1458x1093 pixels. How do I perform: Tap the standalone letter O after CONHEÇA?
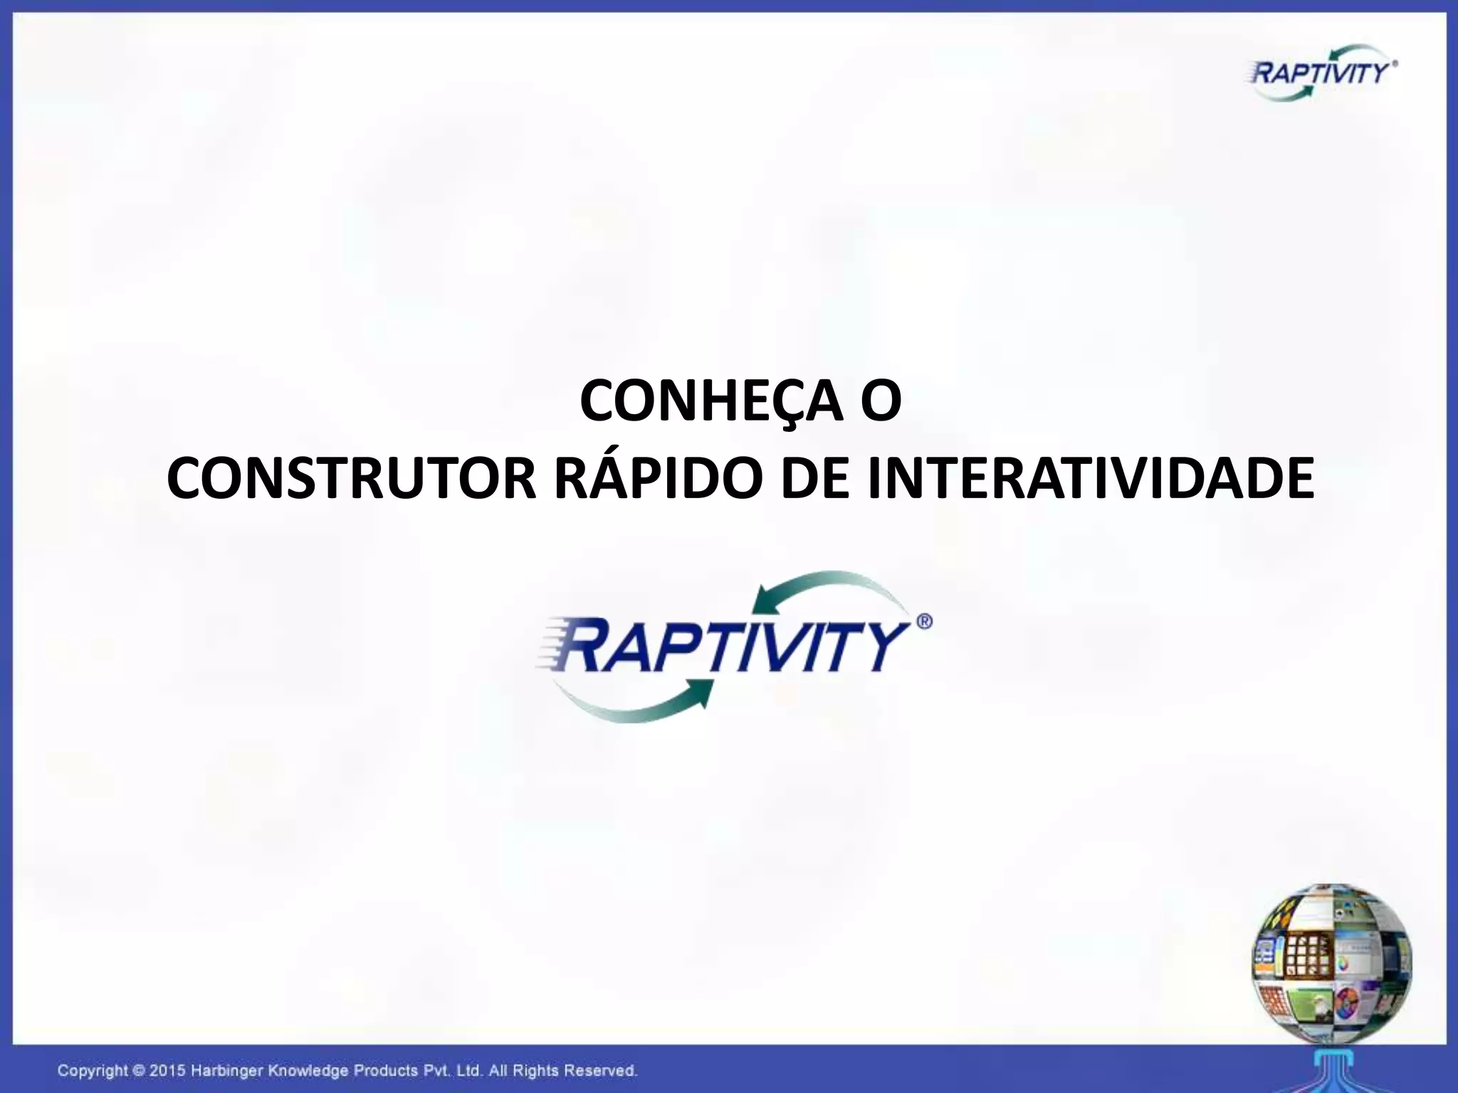881,401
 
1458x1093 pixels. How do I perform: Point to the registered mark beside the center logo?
923,621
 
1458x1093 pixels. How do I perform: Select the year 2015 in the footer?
169,1070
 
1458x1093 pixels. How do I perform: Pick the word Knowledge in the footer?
309,1070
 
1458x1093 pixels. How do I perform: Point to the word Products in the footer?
385,1070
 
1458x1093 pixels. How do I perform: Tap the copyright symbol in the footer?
140,1070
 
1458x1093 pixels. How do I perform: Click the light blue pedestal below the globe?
1332,1067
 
